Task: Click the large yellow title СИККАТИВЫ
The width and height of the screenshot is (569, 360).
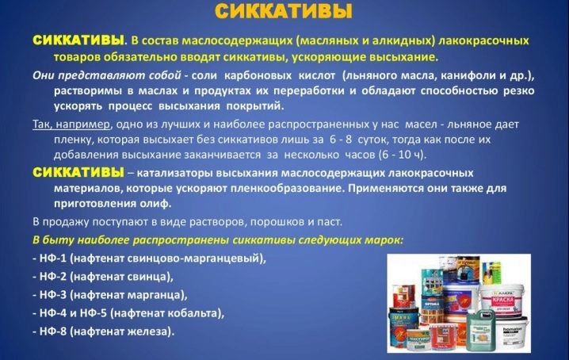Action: [x=284, y=12]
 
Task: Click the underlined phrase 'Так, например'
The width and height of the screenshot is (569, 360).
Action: [x=71, y=124]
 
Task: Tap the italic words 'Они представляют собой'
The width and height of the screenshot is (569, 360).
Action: [x=107, y=75]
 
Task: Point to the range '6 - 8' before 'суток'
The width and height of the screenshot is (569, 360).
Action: [x=341, y=140]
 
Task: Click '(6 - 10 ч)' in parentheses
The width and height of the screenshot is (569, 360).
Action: [x=402, y=155]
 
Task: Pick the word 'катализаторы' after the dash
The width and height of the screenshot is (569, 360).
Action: [x=174, y=174]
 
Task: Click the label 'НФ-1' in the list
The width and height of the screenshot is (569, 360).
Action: [x=53, y=259]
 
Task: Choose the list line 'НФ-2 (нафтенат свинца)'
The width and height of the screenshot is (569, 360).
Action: [x=106, y=277]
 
